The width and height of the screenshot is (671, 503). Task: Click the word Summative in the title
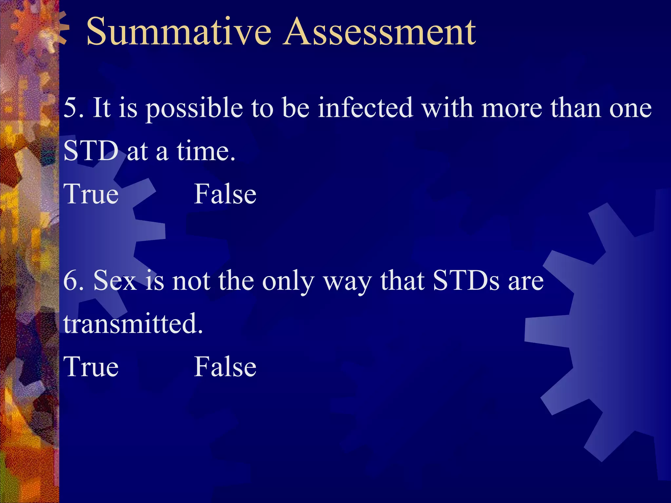coord(179,32)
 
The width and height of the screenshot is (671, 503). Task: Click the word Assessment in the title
coord(379,32)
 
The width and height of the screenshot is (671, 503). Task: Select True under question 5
coord(91,194)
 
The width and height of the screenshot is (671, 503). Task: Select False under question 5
coord(225,194)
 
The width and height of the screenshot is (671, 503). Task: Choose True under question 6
coord(91,367)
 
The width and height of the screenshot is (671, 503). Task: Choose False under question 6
coord(225,367)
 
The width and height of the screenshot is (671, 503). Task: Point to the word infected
coord(365,108)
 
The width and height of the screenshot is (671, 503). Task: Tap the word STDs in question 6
coord(466,281)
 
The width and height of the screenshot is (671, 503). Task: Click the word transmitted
coord(133,324)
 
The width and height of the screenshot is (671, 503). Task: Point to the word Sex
coord(115,281)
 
